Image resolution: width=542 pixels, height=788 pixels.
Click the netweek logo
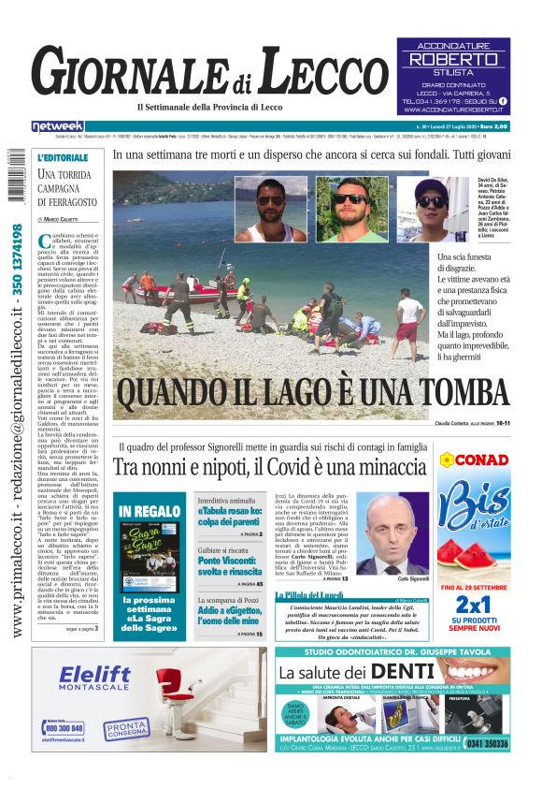(x=59, y=125)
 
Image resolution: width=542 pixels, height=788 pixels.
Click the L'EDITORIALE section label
(x=64, y=158)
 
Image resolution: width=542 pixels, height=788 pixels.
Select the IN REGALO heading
(x=150, y=511)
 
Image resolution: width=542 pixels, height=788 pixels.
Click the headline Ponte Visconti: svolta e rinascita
(x=230, y=565)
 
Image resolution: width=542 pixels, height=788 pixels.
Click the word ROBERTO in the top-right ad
(x=454, y=60)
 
